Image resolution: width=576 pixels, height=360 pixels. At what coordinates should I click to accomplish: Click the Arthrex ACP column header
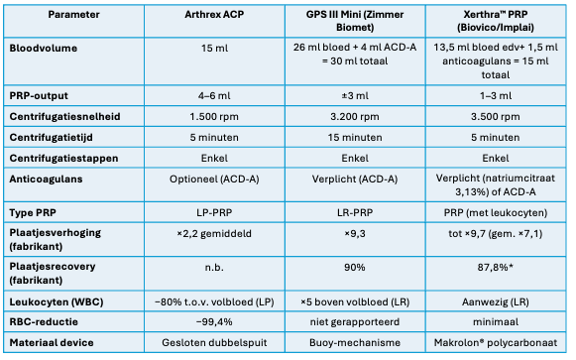[x=214, y=15]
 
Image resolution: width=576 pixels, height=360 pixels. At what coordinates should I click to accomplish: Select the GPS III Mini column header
[x=355, y=21]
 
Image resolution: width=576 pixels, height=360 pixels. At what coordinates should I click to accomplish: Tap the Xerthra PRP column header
[x=496, y=21]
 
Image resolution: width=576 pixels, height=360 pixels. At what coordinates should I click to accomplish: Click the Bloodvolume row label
[x=44, y=49]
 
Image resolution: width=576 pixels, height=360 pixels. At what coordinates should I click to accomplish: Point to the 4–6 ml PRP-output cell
[x=214, y=96]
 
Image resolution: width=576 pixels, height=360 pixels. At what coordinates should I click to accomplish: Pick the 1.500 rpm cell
[x=214, y=117]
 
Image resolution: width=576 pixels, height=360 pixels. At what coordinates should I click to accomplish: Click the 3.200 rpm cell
[x=355, y=117]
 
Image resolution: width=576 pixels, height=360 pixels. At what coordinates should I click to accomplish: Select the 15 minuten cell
[x=355, y=138]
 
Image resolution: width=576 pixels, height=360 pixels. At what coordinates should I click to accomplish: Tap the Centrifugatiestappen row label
[x=63, y=159]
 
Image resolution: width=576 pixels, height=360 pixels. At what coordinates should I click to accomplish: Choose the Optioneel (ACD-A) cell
[x=214, y=180]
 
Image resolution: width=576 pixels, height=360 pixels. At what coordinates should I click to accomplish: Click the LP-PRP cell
[x=214, y=212]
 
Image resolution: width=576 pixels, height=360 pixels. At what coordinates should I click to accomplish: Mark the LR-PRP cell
[x=355, y=212]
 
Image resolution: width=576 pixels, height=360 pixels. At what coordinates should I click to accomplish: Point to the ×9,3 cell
[x=355, y=234]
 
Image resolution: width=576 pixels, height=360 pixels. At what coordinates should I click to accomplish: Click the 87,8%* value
[x=495, y=268]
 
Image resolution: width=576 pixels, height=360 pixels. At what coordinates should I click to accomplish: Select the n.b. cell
[x=214, y=268]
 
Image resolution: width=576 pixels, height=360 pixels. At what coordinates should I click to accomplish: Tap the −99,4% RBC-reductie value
[x=214, y=322]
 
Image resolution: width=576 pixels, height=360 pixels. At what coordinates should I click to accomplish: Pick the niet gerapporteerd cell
[x=355, y=322]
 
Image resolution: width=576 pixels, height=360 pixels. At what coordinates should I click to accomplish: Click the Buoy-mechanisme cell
[x=355, y=343]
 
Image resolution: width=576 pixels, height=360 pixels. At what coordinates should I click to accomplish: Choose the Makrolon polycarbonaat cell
[x=496, y=343]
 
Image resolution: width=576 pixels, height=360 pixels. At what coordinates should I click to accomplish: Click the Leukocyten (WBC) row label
[x=57, y=301]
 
